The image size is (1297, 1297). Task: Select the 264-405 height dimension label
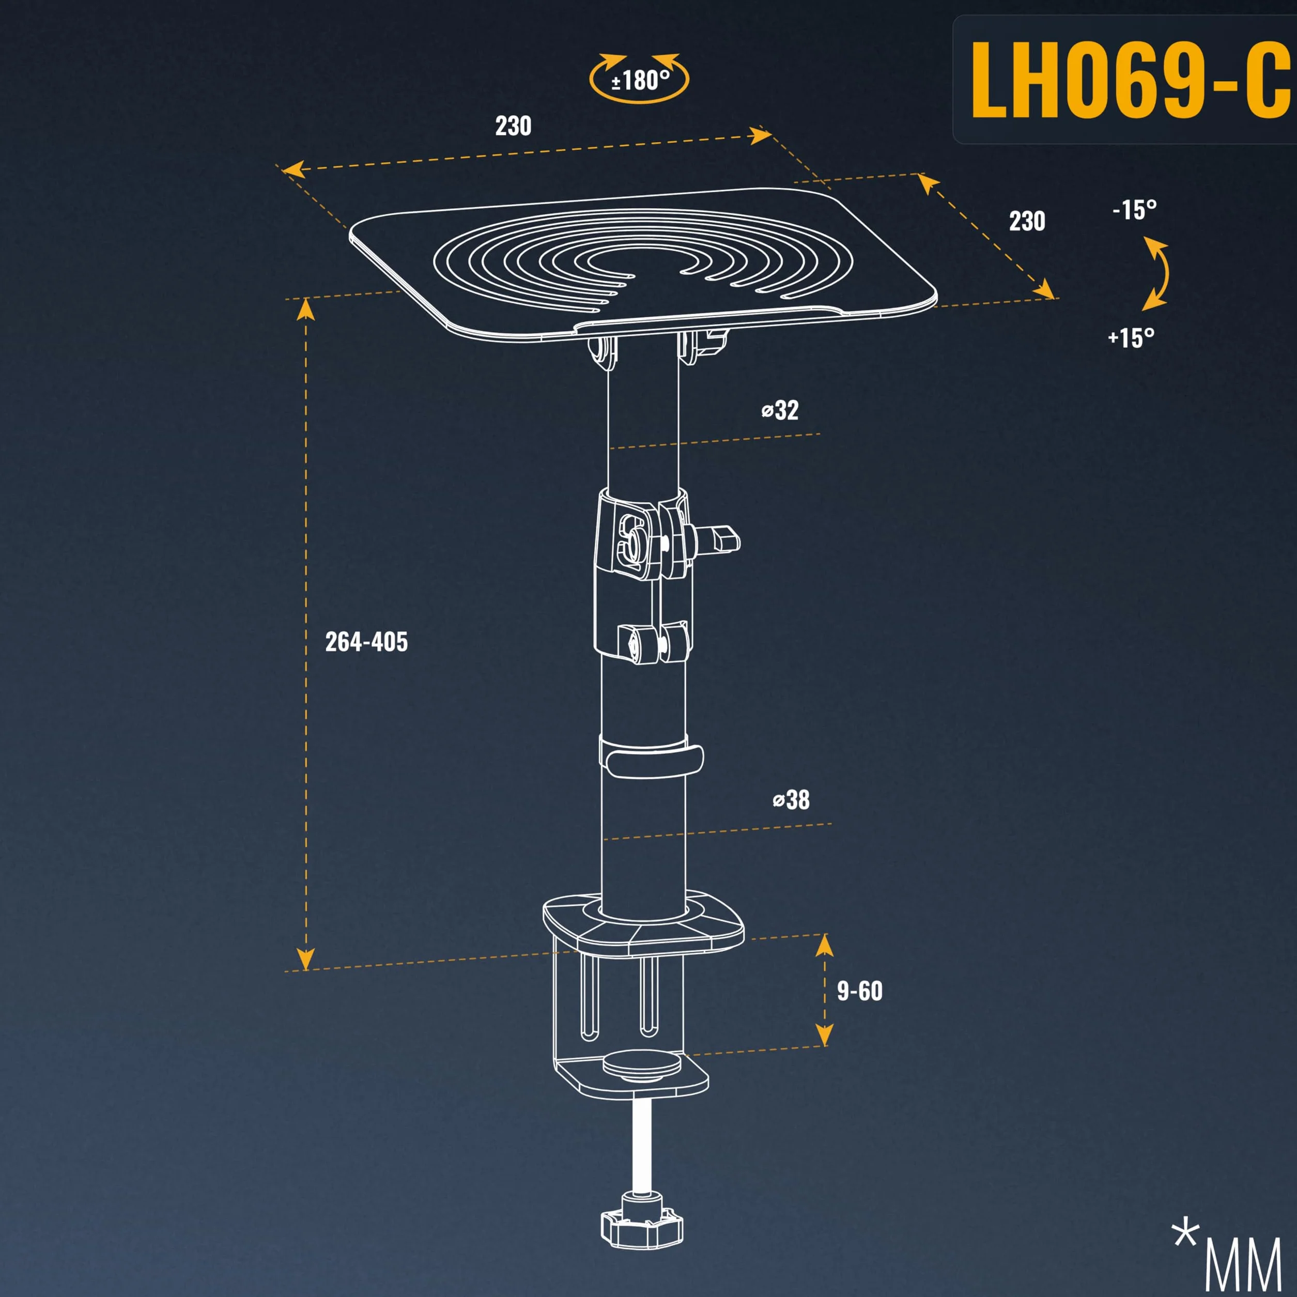[366, 642]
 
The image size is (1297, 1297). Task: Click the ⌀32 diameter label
[780, 410]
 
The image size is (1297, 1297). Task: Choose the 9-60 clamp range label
[859, 991]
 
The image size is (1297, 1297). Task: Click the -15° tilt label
[1135, 210]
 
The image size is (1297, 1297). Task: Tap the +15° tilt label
[1131, 337]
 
